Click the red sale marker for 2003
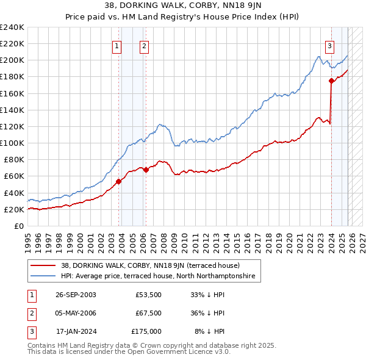119,181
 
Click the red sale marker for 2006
146,170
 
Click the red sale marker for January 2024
331,81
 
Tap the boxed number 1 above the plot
117,45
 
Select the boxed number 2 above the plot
144,45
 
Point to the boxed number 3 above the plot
329,45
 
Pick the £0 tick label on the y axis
18,226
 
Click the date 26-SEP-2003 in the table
76,295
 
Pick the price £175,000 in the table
146,331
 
